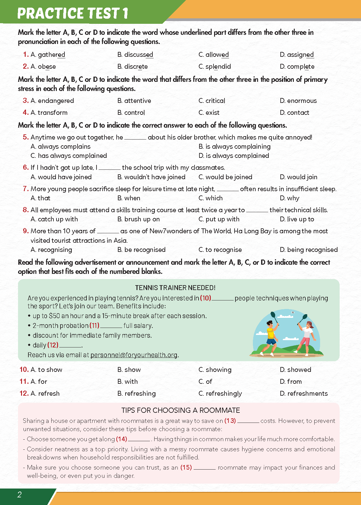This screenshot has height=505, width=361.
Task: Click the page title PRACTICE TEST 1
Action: pos(73,13)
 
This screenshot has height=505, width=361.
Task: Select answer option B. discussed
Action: pos(135,55)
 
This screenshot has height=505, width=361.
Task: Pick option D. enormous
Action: pos(298,101)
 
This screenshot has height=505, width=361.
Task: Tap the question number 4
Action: pos(26,112)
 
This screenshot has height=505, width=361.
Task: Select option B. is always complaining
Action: pos(234,147)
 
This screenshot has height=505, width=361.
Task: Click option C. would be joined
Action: pos(225,177)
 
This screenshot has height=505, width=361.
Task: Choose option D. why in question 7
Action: pos(290,198)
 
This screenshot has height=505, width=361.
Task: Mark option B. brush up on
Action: pos(138,219)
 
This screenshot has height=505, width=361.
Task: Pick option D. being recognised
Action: pos(308,250)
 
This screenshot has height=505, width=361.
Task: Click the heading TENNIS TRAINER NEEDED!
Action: pos(175,288)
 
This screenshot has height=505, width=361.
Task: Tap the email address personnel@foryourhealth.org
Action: pos(134,355)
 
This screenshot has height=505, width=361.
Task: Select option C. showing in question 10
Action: pos(215,370)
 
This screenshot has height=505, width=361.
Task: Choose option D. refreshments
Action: pos(304,394)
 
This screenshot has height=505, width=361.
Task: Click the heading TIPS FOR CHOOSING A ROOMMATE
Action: pos(180,410)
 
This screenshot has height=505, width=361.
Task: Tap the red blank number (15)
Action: pos(186,467)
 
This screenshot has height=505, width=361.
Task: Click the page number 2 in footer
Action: pos(20,495)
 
